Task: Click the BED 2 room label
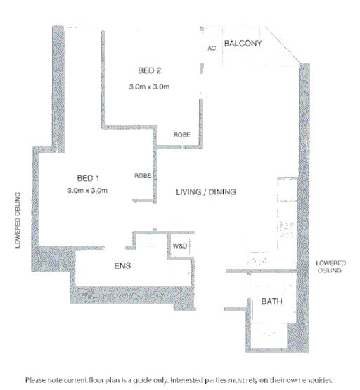(150, 70)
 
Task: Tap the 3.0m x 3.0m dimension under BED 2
(150, 87)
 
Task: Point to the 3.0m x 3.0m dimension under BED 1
(87, 191)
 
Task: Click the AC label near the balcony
(211, 49)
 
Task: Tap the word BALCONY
(243, 44)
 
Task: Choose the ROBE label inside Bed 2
(181, 135)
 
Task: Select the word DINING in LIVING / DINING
(223, 191)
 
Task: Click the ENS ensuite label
(123, 266)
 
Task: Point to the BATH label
(271, 302)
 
